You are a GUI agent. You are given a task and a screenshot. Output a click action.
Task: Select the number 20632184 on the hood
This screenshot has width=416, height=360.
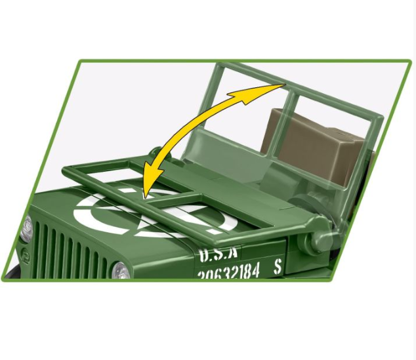229,270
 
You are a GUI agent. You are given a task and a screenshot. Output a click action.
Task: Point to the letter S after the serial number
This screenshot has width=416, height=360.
278,266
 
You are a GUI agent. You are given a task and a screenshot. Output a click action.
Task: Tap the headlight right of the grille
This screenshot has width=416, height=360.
121,270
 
